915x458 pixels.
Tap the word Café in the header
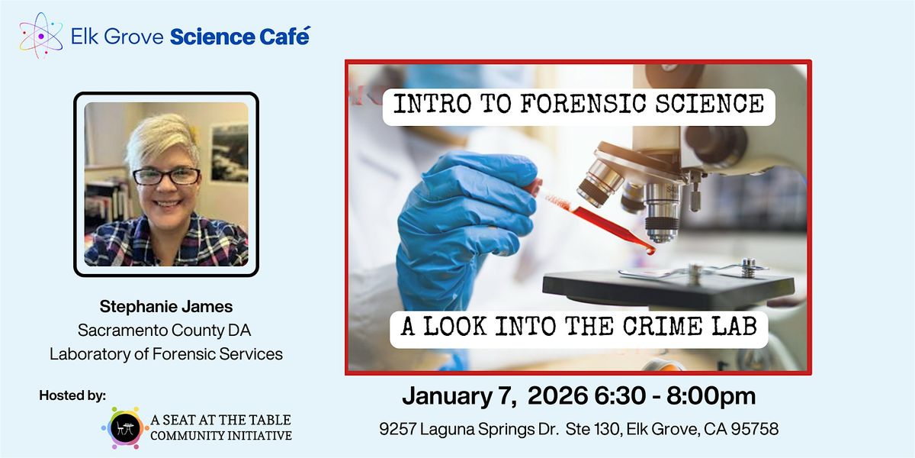click(x=284, y=36)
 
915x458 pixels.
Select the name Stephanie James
click(x=166, y=307)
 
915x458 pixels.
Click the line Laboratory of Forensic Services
click(x=166, y=353)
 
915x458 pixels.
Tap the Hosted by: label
click(x=73, y=395)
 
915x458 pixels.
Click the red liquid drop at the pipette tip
click(x=649, y=250)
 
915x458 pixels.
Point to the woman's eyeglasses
click(x=166, y=176)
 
